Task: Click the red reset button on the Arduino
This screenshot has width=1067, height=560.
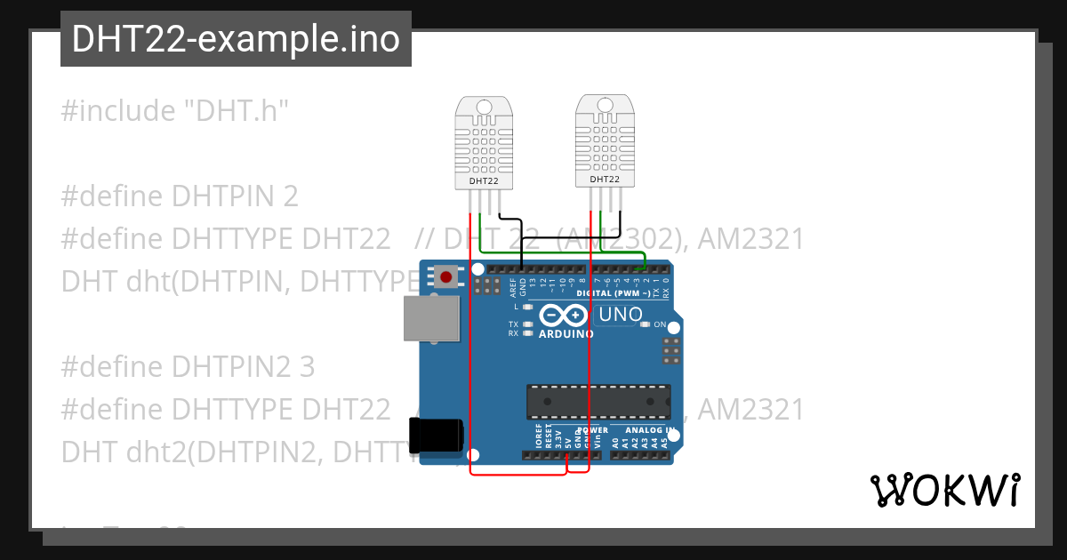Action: coord(445,277)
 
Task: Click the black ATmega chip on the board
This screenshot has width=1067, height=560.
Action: coord(598,401)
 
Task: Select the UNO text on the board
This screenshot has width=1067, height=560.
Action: coord(621,315)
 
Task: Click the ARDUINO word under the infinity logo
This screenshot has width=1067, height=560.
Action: coord(566,334)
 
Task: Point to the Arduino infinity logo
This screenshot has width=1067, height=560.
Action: coord(564,315)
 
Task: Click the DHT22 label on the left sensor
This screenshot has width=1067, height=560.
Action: coord(484,181)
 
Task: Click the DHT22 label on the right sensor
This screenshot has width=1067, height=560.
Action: coord(605,180)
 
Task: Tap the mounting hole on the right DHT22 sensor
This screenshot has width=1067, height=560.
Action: coord(606,105)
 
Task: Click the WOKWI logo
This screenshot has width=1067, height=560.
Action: coord(944,490)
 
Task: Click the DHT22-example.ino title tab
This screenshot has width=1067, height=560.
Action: coord(236,39)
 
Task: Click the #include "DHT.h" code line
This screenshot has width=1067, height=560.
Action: coord(176,111)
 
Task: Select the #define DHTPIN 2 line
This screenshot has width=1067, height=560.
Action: coord(180,196)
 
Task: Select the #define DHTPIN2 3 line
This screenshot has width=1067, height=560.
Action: coord(188,366)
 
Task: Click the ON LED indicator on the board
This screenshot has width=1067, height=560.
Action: coord(646,324)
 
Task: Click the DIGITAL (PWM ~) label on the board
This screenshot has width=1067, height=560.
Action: coord(613,292)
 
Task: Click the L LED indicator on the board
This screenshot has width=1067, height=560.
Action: coord(528,307)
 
